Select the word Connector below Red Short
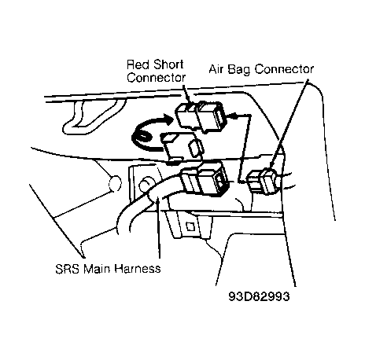pyautogui.click(x=157, y=78)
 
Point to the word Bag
pyautogui.click(x=238, y=70)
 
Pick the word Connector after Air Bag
pyautogui.click(x=284, y=69)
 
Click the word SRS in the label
pyautogui.click(x=67, y=269)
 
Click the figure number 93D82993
pyautogui.click(x=260, y=296)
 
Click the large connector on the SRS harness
pyautogui.click(x=205, y=180)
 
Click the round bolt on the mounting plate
pyautogui.click(x=146, y=185)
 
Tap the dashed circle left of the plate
pyautogui.click(x=115, y=183)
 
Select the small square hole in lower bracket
pyautogui.click(x=190, y=226)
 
